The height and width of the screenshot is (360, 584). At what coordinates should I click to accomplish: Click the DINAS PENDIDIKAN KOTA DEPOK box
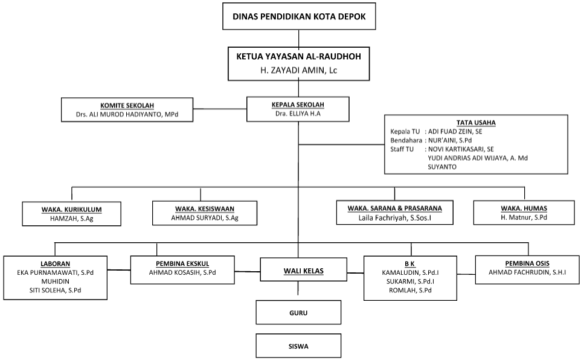point(299,16)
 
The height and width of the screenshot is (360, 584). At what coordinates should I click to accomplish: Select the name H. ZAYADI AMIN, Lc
point(299,70)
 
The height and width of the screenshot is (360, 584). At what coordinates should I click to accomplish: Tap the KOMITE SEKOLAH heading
point(127,106)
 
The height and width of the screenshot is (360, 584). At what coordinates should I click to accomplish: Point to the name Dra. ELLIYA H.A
point(298,114)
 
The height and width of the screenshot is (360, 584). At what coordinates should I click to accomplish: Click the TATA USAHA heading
point(476,123)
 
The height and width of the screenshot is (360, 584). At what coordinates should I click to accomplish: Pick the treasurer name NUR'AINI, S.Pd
point(450,141)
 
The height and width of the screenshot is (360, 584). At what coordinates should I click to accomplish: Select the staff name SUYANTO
point(442,167)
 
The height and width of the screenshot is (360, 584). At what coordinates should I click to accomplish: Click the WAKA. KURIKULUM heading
point(71,210)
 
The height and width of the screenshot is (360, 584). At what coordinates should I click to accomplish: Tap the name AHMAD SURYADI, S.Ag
point(205,218)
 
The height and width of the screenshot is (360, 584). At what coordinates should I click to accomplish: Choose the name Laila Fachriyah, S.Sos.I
point(395,217)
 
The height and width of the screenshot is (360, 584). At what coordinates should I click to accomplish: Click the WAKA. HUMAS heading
point(524,208)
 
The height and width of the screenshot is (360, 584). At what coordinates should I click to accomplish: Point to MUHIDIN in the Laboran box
point(55,281)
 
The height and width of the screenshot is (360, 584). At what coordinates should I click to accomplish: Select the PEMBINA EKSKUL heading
point(182,264)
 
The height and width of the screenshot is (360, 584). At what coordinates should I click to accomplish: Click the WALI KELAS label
point(304,271)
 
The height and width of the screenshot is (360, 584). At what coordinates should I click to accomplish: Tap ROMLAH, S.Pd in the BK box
point(410,291)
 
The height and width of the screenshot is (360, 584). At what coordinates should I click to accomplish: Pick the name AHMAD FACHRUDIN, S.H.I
point(527,272)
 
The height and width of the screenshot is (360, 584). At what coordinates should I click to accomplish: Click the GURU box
point(298,312)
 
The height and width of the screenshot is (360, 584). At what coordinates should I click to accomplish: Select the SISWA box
point(298,346)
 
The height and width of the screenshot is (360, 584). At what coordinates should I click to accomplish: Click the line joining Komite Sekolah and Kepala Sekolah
point(220,109)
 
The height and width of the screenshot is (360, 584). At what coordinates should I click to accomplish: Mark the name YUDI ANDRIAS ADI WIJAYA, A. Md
point(478,158)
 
